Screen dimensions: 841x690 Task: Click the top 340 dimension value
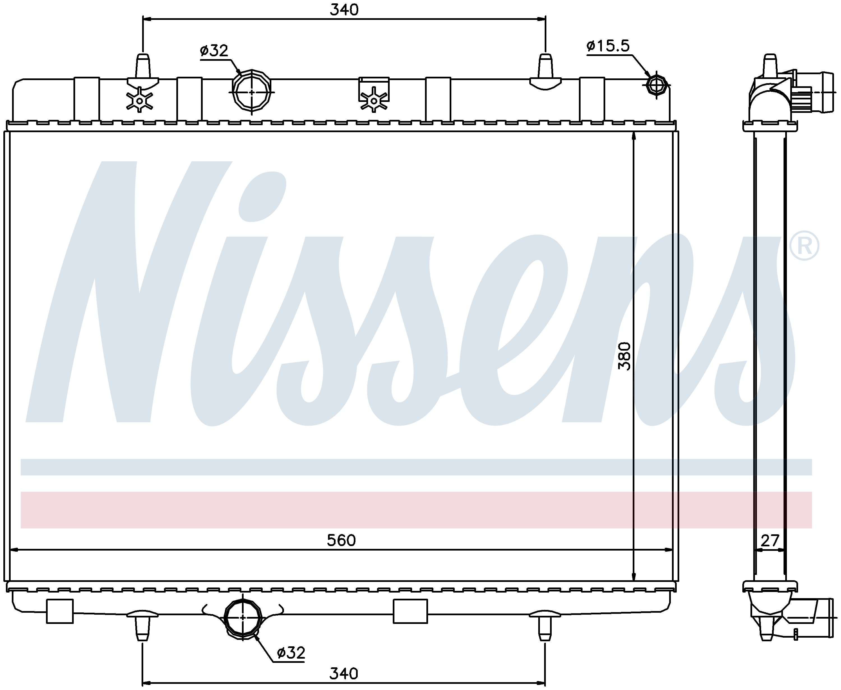[x=344, y=10]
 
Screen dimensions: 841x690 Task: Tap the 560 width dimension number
[x=341, y=540]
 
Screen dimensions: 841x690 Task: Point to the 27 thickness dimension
[x=770, y=540]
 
